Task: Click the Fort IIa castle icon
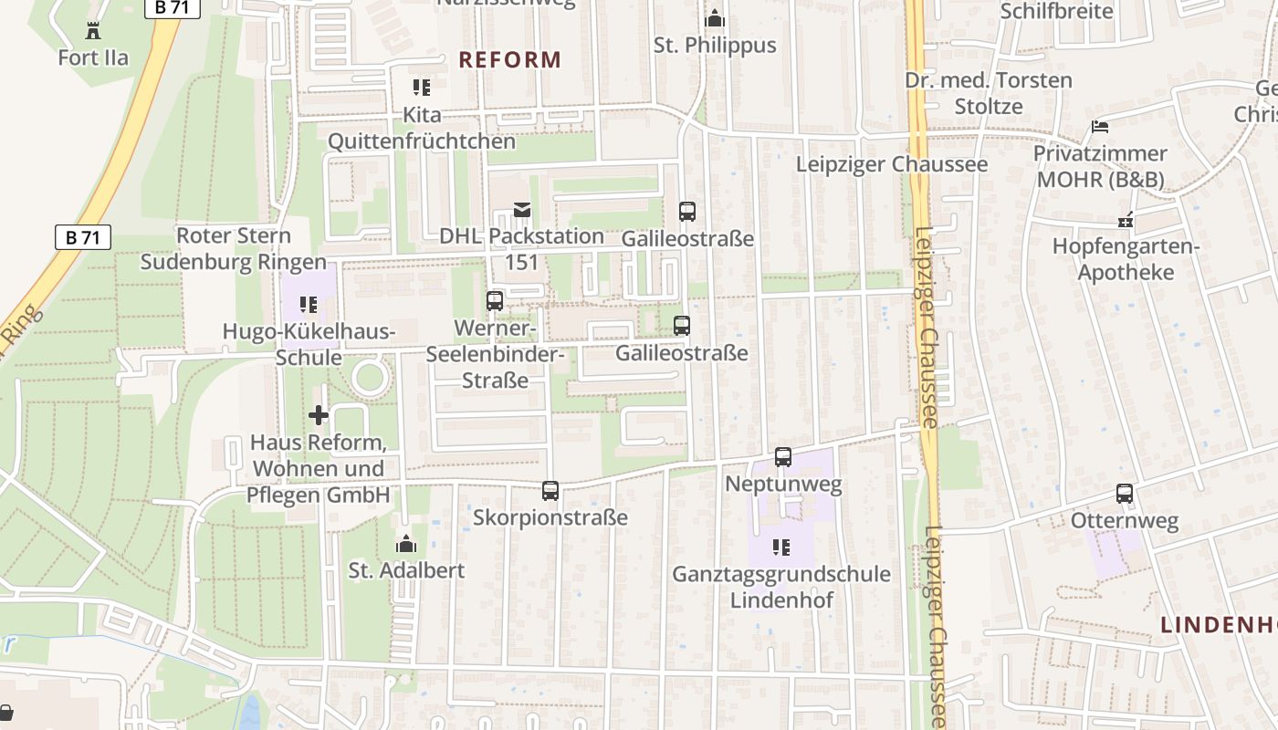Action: (93, 31)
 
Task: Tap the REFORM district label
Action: (509, 60)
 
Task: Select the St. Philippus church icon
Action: (715, 18)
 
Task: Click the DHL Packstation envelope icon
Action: (521, 211)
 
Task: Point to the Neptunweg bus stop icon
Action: (783, 457)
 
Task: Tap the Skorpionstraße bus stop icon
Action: (550, 491)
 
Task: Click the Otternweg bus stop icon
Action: (1125, 494)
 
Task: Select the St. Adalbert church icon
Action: (406, 545)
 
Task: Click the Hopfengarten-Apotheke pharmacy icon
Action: (1125, 220)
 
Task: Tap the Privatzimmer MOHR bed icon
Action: (1100, 127)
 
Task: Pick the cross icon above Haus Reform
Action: (318, 416)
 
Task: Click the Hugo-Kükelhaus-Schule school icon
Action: (309, 305)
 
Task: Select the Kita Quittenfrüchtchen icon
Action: (421, 88)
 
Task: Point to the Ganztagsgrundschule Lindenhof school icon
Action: (781, 547)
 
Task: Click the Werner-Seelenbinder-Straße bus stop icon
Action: (495, 300)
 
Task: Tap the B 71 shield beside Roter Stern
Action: (83, 238)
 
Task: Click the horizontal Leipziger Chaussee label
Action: (891, 164)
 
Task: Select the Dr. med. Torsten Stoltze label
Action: (988, 93)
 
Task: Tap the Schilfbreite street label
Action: (1056, 11)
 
